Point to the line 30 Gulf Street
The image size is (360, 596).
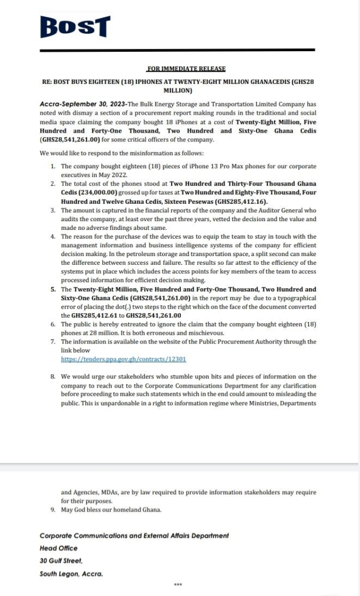61,560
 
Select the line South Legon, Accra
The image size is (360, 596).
71,573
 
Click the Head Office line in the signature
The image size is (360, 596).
58,548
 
